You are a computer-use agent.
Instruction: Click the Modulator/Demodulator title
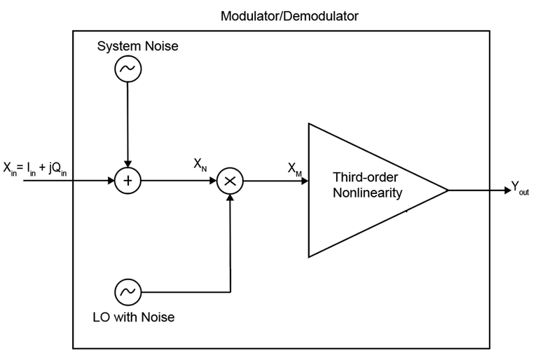[289, 15]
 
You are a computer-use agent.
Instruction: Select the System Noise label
[137, 46]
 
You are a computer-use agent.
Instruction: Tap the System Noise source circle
[127, 69]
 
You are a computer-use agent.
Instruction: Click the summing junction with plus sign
[127, 181]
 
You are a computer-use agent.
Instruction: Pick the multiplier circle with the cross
[230, 181]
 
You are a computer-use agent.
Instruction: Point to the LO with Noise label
[133, 317]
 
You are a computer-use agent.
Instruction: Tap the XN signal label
[200, 164]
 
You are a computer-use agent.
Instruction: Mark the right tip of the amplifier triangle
[447, 190]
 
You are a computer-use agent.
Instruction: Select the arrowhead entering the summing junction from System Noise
[127, 165]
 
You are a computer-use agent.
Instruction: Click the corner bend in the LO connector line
[230, 291]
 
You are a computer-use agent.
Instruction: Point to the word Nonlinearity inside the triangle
[368, 192]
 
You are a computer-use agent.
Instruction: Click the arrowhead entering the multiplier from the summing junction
[214, 181]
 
